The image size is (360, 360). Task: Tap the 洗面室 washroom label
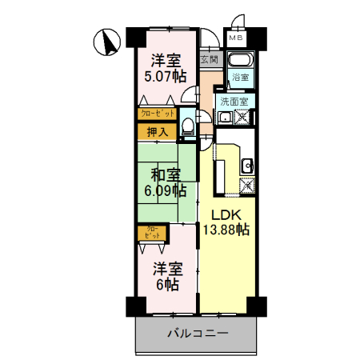tap(235, 102)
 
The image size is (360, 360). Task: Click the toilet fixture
tap(187, 126)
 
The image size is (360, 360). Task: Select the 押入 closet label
tap(157, 131)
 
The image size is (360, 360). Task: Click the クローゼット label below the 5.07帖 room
tap(157, 114)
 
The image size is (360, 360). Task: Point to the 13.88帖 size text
tap(225, 230)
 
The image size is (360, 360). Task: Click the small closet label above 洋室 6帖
tap(151, 233)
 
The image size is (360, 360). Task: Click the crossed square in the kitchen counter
tap(247, 187)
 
